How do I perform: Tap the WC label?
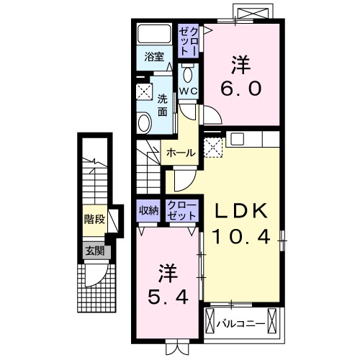(188, 91)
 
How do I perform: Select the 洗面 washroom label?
(163, 105)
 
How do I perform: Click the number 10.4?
(243, 237)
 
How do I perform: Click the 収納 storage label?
(149, 210)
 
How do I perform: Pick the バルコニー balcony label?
(240, 323)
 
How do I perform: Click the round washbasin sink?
(143, 122)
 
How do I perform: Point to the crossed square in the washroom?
(143, 91)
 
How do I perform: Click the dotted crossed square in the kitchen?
(214, 148)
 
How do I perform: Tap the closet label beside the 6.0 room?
(189, 41)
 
